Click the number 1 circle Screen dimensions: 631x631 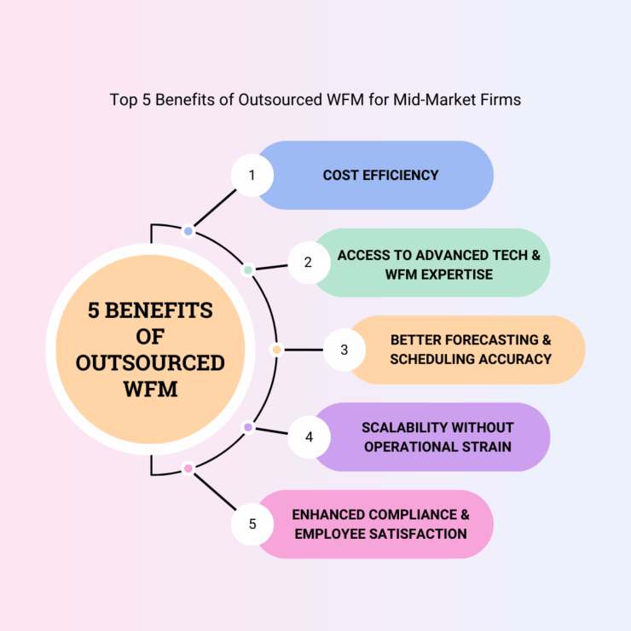[252, 176]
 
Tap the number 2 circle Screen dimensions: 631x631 [308, 263]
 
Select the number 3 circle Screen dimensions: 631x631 [344, 350]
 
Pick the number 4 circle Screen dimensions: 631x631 [309, 437]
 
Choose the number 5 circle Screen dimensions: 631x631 [252, 524]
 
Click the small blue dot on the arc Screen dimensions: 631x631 [188, 231]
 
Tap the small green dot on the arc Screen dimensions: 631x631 [248, 270]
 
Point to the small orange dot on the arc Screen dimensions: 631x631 [275, 350]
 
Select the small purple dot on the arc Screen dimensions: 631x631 [248, 427]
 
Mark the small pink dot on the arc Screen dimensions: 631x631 [188, 468]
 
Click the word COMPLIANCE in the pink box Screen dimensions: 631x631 [408, 514]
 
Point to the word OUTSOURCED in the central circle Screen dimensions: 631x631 [150, 363]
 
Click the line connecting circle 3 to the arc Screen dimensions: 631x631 [302, 350]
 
